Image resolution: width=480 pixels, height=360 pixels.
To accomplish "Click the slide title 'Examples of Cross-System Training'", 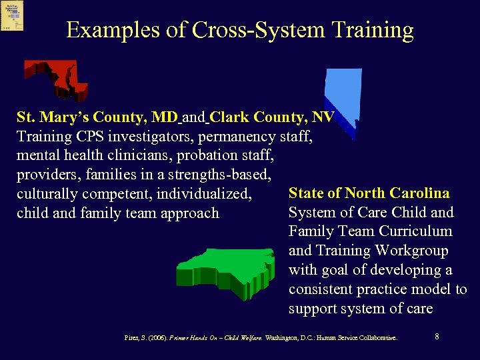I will coord(240,30).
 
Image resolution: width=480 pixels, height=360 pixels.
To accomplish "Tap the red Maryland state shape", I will coord(53,75).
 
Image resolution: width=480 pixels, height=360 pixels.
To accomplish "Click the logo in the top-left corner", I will coord(12,15).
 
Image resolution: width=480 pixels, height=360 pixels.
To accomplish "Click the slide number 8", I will coord(436,337).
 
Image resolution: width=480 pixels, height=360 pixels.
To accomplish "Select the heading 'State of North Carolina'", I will coord(369,193).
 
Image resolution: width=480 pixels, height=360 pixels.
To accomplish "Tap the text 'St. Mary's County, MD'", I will coord(97,117).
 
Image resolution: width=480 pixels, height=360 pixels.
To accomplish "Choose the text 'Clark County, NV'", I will coord(271,117).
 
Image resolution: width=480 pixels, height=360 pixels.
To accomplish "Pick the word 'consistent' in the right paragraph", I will coord(323,289).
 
